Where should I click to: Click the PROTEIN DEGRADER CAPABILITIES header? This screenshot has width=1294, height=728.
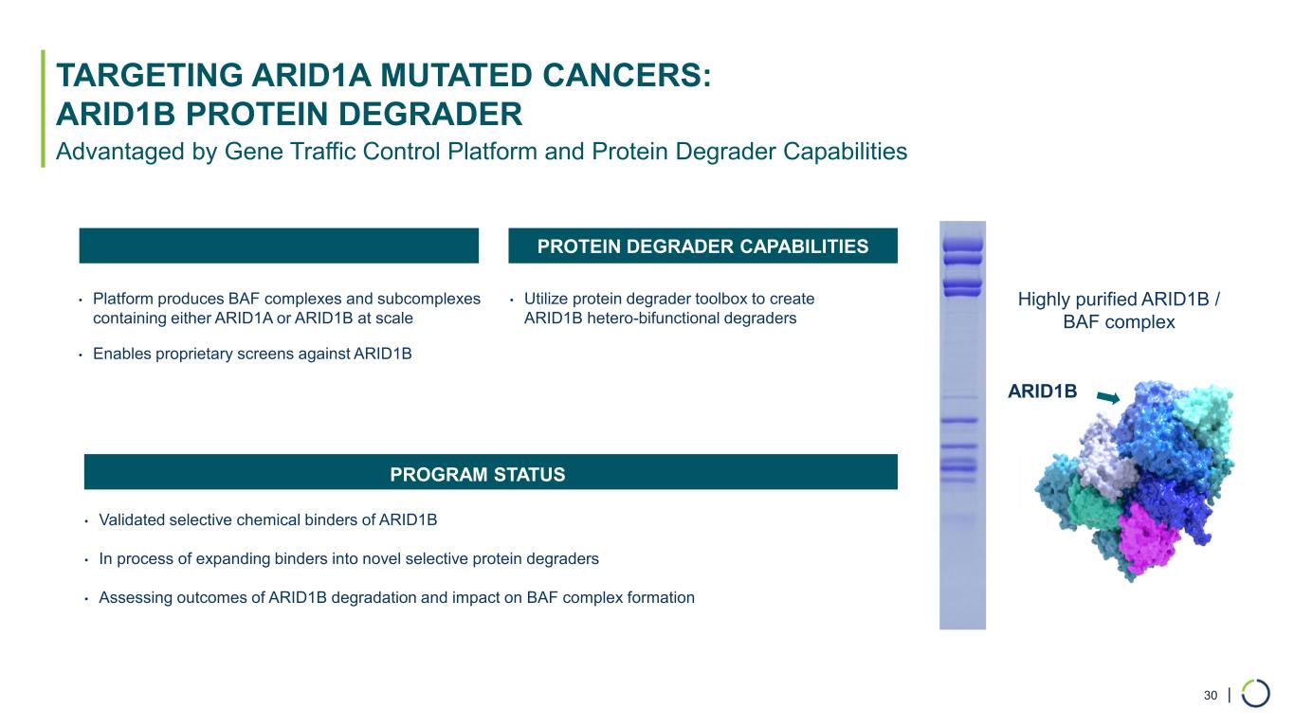(x=702, y=246)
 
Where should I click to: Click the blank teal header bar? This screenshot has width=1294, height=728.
(x=278, y=246)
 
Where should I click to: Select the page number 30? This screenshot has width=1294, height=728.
(x=1210, y=696)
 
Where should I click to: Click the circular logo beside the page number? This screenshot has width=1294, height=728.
(x=1256, y=694)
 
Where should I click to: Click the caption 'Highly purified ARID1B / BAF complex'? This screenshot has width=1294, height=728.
(x=1119, y=311)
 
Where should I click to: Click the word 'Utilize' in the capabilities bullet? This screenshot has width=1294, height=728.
(x=548, y=299)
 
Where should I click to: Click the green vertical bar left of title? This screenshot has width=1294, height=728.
(x=43, y=108)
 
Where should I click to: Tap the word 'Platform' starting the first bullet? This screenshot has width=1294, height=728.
(x=120, y=299)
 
